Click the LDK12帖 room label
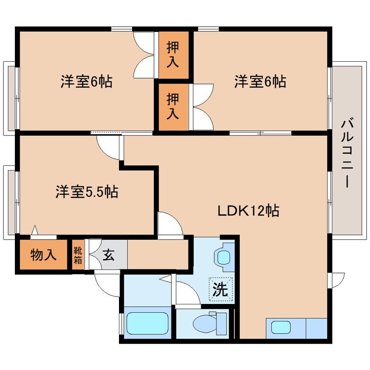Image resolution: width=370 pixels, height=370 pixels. (x=248, y=211)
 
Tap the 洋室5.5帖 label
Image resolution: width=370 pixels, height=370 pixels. (x=87, y=192)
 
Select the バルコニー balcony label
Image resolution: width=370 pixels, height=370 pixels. (x=347, y=154)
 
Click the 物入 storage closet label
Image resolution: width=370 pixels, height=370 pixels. (x=43, y=255)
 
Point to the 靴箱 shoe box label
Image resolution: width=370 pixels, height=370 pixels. (x=78, y=255)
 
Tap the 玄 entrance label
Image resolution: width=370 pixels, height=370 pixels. (x=108, y=255)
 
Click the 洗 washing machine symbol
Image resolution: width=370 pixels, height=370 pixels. (x=220, y=289)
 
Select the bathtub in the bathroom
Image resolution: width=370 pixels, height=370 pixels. (x=147, y=323)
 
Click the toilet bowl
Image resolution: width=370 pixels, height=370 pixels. (x=204, y=323)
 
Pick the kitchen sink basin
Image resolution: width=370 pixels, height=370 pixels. (x=281, y=327)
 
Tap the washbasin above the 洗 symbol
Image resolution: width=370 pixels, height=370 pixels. (x=223, y=258)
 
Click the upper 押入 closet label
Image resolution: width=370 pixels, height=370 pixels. (x=173, y=55)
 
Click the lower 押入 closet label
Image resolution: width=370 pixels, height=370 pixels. (x=173, y=106)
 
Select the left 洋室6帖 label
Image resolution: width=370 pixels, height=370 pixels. (x=86, y=81)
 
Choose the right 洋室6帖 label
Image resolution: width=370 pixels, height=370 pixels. (x=260, y=81)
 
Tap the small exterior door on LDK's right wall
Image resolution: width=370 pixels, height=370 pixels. (x=336, y=280)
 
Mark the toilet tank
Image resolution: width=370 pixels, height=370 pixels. (x=221, y=323)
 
